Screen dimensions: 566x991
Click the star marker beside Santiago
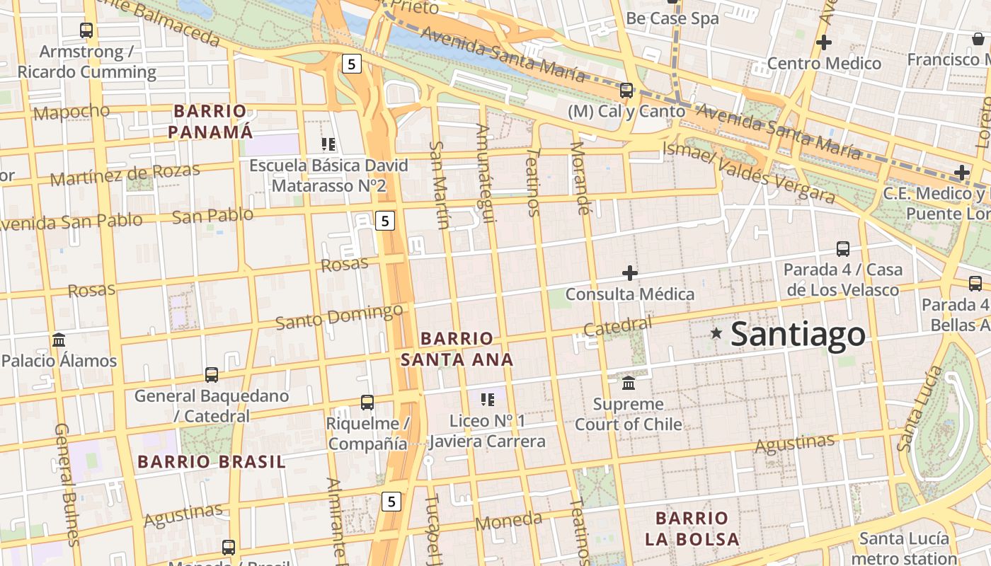(x=716, y=333)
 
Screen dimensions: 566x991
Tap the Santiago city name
(x=798, y=334)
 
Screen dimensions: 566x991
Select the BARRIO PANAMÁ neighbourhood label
(x=210, y=121)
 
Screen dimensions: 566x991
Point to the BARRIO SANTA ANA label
(x=457, y=349)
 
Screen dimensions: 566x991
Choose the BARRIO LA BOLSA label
(x=692, y=529)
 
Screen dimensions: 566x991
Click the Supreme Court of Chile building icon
(x=628, y=383)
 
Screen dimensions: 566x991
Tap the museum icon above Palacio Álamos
(x=59, y=340)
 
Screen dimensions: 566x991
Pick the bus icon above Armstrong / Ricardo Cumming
(x=86, y=30)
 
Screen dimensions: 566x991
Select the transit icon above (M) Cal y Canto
(x=626, y=91)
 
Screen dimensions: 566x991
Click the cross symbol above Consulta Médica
(x=629, y=273)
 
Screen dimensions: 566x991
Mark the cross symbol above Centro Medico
(x=823, y=42)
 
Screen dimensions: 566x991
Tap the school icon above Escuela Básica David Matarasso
(x=328, y=144)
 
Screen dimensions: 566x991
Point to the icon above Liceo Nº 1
(x=487, y=400)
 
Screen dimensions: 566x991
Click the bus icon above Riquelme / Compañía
(x=367, y=403)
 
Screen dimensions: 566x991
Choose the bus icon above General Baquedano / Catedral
(x=212, y=375)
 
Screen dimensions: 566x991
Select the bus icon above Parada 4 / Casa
(x=842, y=249)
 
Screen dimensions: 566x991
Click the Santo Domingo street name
(x=339, y=316)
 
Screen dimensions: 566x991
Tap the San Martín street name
(x=440, y=185)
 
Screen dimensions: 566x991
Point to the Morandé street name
(x=580, y=178)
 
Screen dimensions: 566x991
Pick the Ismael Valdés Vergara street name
(x=749, y=172)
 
